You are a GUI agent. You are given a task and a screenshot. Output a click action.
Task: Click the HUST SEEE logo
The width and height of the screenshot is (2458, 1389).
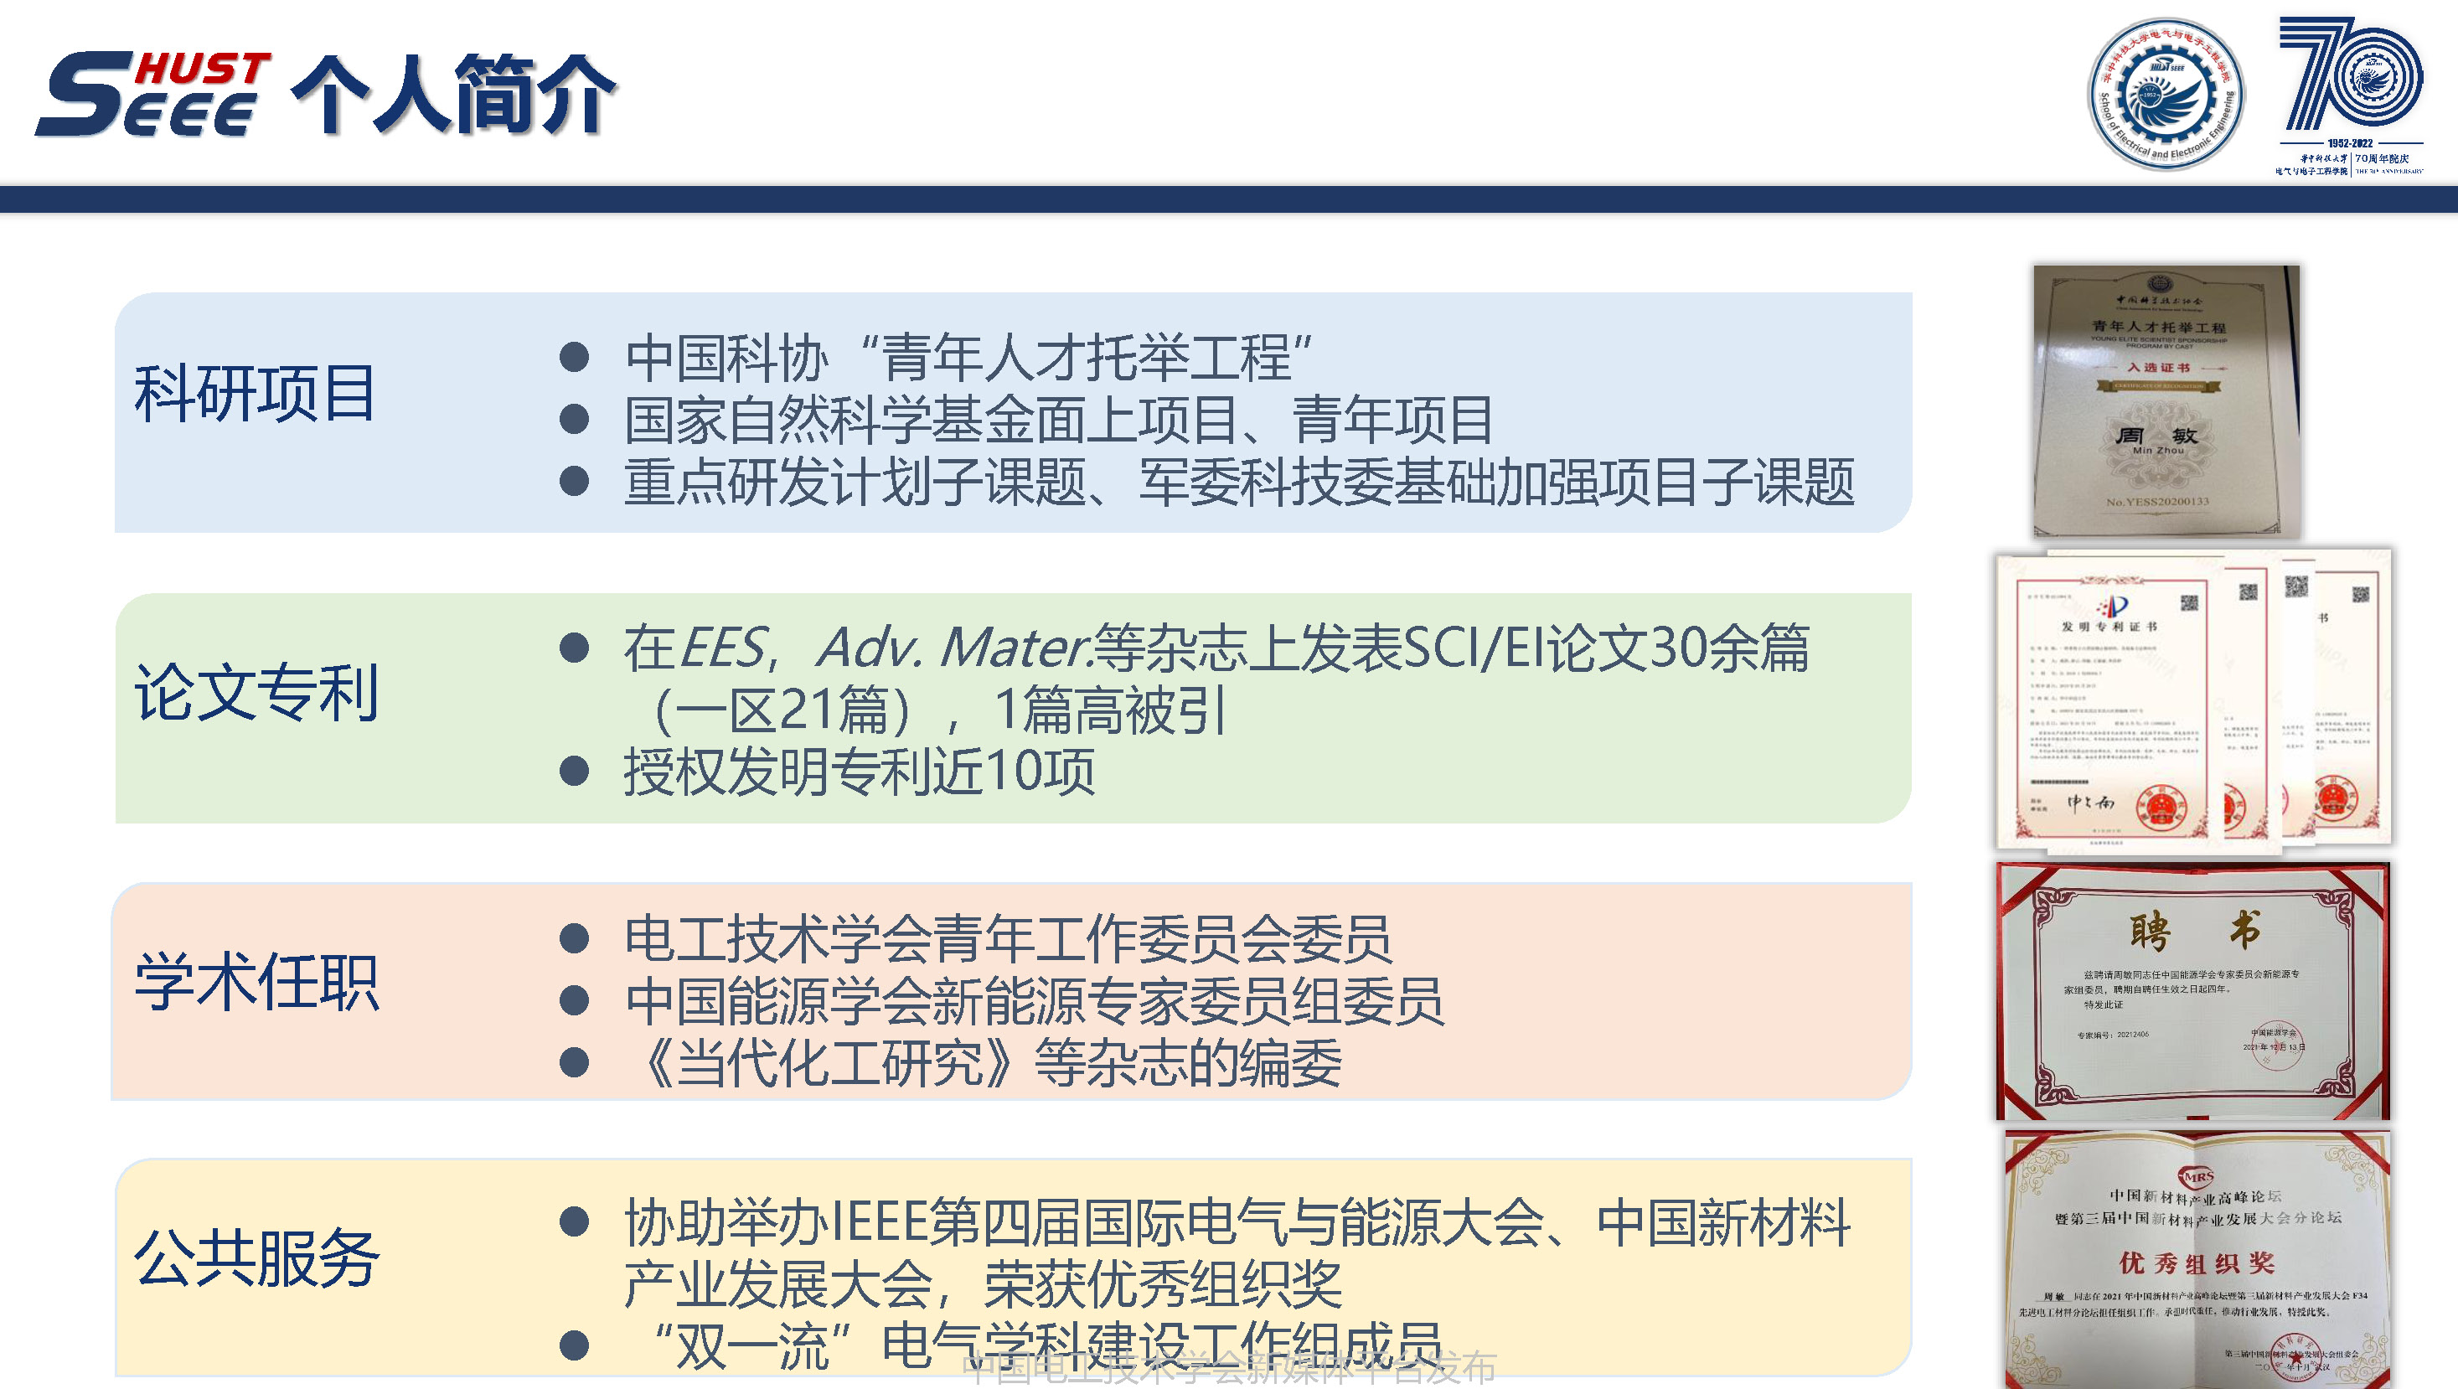[x=152, y=94]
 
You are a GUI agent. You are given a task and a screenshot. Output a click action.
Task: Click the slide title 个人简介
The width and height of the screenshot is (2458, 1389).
[x=453, y=94]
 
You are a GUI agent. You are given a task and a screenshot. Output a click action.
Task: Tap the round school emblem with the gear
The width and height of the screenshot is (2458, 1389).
[x=2166, y=95]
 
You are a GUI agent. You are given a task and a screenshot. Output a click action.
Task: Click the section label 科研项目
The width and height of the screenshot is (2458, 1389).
[x=255, y=393]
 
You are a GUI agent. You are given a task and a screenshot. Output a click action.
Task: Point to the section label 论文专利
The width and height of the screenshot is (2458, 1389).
[x=256, y=692]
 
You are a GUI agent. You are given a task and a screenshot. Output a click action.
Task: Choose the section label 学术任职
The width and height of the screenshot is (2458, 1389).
[x=256, y=982]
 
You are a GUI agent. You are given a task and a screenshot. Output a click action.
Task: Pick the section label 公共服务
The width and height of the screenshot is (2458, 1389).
[x=256, y=1258]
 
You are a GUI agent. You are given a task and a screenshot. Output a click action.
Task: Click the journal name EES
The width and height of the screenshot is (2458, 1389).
[x=722, y=648]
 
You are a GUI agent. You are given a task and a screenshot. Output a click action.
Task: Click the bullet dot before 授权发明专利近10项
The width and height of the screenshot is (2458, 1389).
[x=574, y=771]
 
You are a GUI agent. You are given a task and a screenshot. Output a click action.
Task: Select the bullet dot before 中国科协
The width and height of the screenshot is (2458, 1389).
[x=574, y=358]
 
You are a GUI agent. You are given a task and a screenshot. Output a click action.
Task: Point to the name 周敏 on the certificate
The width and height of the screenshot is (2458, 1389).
[x=2157, y=436]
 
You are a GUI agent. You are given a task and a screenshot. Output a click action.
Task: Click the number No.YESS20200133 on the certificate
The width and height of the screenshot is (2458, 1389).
[x=2157, y=502]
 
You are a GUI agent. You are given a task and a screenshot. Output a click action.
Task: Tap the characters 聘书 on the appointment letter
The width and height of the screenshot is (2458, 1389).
[x=2195, y=929]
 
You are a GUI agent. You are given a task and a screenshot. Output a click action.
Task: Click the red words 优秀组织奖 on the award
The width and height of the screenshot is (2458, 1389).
[x=2197, y=1263]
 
